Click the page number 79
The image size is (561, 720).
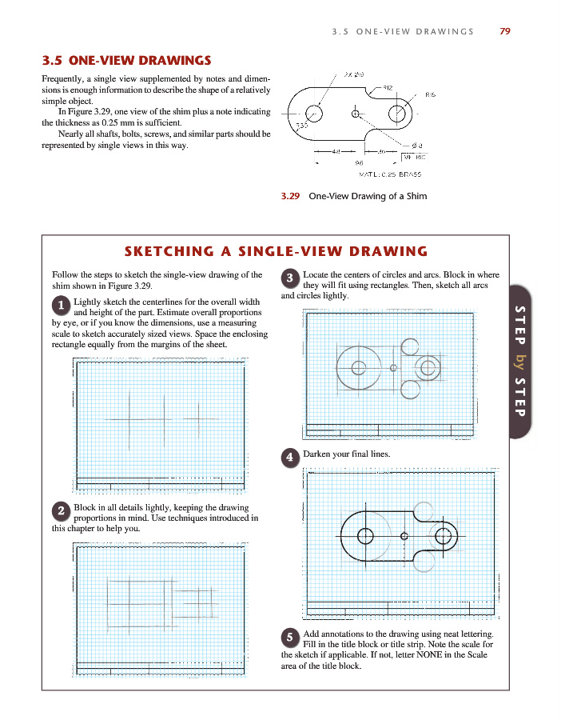504,31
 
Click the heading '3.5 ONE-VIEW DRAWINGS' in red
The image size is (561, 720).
126,60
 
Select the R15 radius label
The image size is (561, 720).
430,94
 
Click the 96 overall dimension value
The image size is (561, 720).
348,161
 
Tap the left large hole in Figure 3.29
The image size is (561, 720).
314,114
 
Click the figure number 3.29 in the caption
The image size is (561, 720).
288,196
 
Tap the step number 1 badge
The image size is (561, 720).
61,305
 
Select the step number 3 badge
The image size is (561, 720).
291,278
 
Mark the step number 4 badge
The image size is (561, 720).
291,458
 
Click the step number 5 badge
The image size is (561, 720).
291,637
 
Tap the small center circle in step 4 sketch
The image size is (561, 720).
404,535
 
